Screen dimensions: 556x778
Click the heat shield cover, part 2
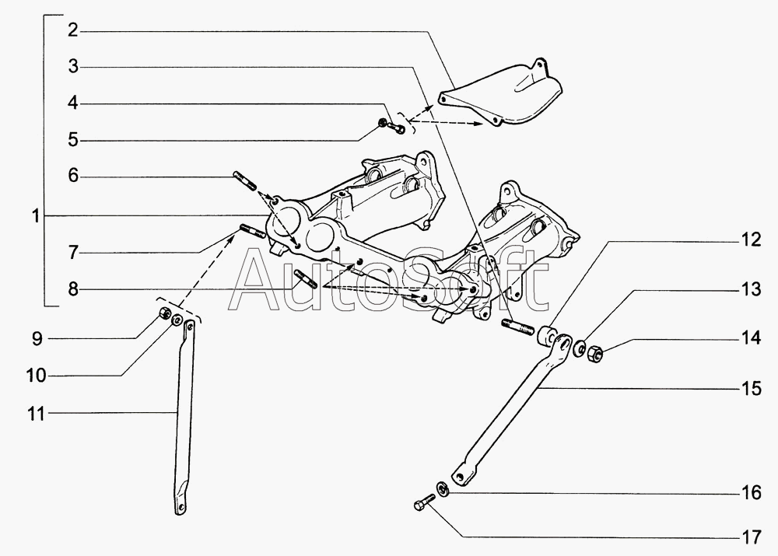[x=502, y=97]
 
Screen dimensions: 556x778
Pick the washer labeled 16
[x=441, y=488]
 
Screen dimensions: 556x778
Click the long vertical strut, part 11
[x=183, y=420]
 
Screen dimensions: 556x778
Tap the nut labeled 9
[x=163, y=313]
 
